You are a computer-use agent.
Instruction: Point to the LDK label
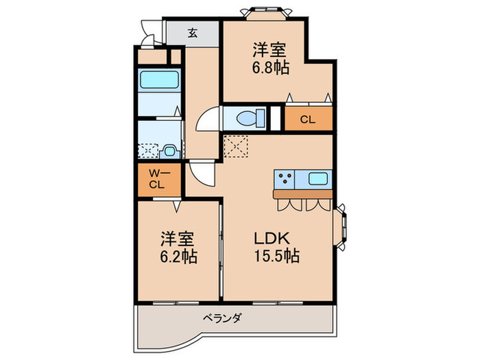coord(274,239)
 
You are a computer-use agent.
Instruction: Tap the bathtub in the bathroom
coord(159,80)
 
